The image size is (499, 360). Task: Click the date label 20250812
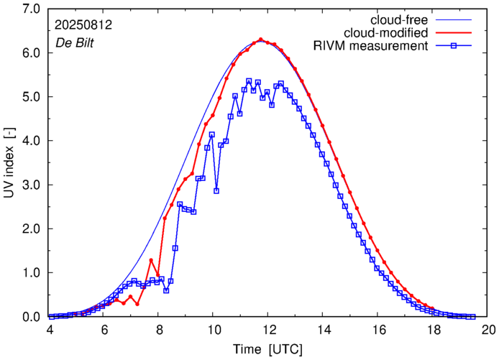coord(83,24)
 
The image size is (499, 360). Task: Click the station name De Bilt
coord(75,41)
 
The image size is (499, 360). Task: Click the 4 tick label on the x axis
coord(50,329)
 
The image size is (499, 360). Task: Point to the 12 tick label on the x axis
coord(269,329)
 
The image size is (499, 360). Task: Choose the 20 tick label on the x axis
coord(488,329)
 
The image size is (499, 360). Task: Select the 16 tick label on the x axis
coord(378,329)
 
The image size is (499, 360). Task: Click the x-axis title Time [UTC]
coord(268,349)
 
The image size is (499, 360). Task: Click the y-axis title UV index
coord(9,162)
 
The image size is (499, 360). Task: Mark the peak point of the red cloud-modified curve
coord(260,40)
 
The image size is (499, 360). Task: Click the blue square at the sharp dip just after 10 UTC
coord(216,191)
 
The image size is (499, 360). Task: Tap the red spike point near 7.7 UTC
coord(151,260)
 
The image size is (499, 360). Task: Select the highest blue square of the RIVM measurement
coord(249,81)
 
